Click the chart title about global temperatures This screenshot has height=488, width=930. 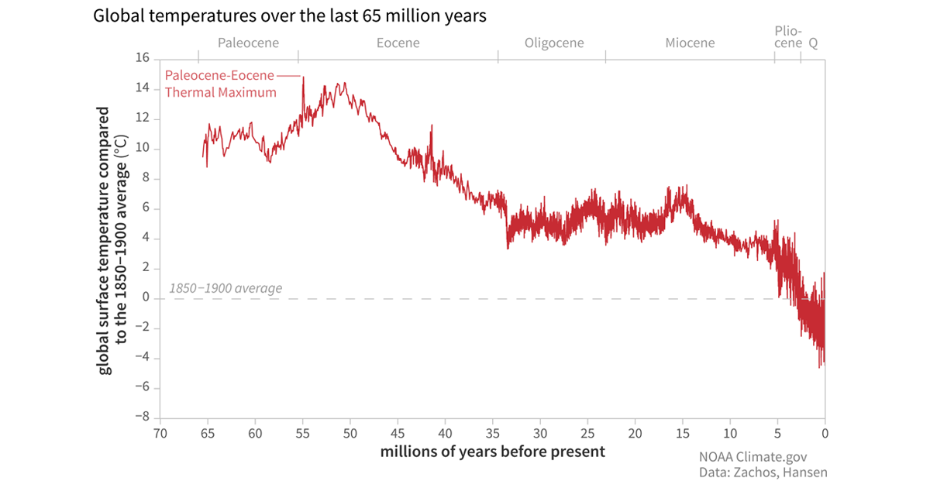point(289,16)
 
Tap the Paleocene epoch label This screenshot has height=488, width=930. point(248,43)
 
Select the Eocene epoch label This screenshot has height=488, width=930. point(398,43)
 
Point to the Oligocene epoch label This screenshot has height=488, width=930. point(554,43)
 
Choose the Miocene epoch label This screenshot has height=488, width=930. point(690,43)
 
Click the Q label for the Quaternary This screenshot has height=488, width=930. point(813,43)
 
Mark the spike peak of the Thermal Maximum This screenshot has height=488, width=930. point(303,77)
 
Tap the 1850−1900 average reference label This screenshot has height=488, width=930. point(225,289)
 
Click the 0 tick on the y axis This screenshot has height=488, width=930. point(145,298)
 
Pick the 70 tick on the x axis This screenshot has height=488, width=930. point(160,433)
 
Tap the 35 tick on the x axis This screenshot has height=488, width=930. point(493,433)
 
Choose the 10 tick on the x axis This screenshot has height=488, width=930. point(730,433)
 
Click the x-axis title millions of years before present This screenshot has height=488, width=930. point(492,452)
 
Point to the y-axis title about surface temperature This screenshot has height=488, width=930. point(112,240)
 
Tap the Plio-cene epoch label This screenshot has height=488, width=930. point(788,36)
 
